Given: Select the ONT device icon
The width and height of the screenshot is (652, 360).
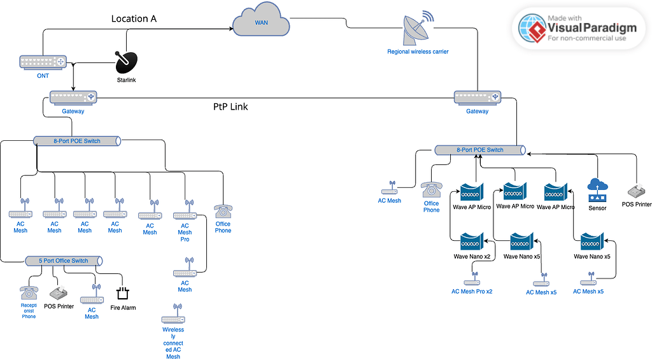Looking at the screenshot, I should (x=43, y=62).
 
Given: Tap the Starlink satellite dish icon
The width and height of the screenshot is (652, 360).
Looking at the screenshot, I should (x=125, y=62).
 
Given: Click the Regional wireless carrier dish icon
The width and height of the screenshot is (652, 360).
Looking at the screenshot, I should (x=418, y=29).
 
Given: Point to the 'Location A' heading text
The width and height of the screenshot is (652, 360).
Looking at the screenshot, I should (x=134, y=18).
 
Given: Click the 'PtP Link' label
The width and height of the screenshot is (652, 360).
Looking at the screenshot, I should (x=230, y=107).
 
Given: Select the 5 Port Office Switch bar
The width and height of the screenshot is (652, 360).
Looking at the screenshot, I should (x=64, y=261).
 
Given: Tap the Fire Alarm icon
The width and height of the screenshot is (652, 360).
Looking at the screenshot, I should (x=123, y=293).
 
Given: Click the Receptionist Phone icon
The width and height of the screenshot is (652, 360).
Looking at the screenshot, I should (x=29, y=292).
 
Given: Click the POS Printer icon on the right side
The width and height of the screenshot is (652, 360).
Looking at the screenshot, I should (x=636, y=191).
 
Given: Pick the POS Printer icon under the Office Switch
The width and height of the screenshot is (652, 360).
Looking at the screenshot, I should (x=59, y=294).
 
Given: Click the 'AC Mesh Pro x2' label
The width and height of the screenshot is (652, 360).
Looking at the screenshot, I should (x=472, y=291).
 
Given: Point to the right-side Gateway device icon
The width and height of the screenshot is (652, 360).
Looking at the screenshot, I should (x=477, y=97).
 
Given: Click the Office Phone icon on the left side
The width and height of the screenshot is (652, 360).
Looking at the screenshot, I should (x=223, y=212).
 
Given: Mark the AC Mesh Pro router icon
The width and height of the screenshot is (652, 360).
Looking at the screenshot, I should (x=185, y=213).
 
